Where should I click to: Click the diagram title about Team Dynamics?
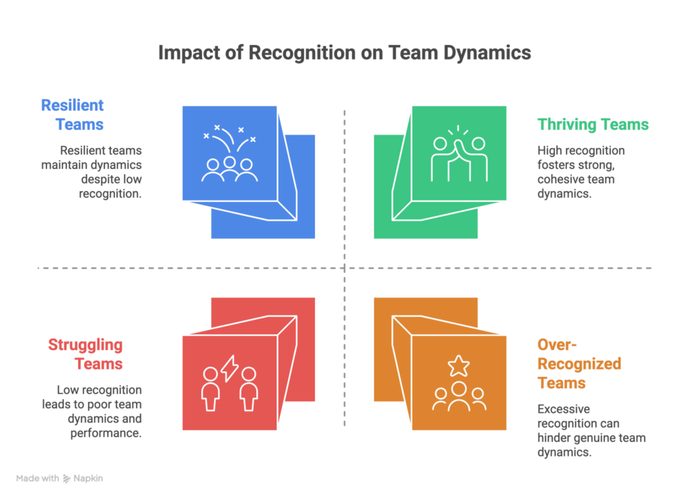tap(344, 53)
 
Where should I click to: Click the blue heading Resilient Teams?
tap(72, 114)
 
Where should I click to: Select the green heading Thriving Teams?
tap(593, 124)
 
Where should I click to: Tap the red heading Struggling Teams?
tap(85, 355)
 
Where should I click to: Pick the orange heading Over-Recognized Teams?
tap(579, 364)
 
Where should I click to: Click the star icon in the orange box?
tap(459, 366)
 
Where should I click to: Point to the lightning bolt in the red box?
tap(229, 368)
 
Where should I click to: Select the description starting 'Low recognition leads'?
tap(100, 411)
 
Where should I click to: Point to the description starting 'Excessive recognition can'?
tap(591, 430)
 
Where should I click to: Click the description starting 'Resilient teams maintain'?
tap(100, 172)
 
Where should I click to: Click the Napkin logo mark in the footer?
tap(67, 479)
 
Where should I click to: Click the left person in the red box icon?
tap(211, 388)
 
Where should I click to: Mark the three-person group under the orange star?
tap(459, 396)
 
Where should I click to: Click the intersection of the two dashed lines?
tap(344, 269)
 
